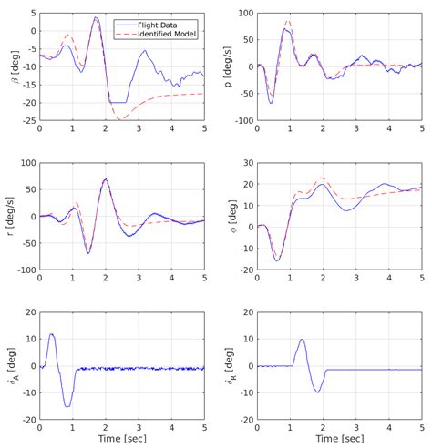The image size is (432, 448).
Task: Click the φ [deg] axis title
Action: (x=231, y=217)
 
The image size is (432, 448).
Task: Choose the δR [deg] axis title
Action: (x=231, y=366)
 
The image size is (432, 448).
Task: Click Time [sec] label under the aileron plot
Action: (x=121, y=438)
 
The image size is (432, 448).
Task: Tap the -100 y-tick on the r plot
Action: (x=26, y=270)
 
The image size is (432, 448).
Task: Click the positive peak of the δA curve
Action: (x=52, y=334)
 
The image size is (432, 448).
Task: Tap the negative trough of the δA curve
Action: (x=67, y=406)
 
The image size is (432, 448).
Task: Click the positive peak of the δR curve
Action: (x=302, y=340)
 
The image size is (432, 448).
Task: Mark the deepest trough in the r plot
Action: (x=88, y=252)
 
